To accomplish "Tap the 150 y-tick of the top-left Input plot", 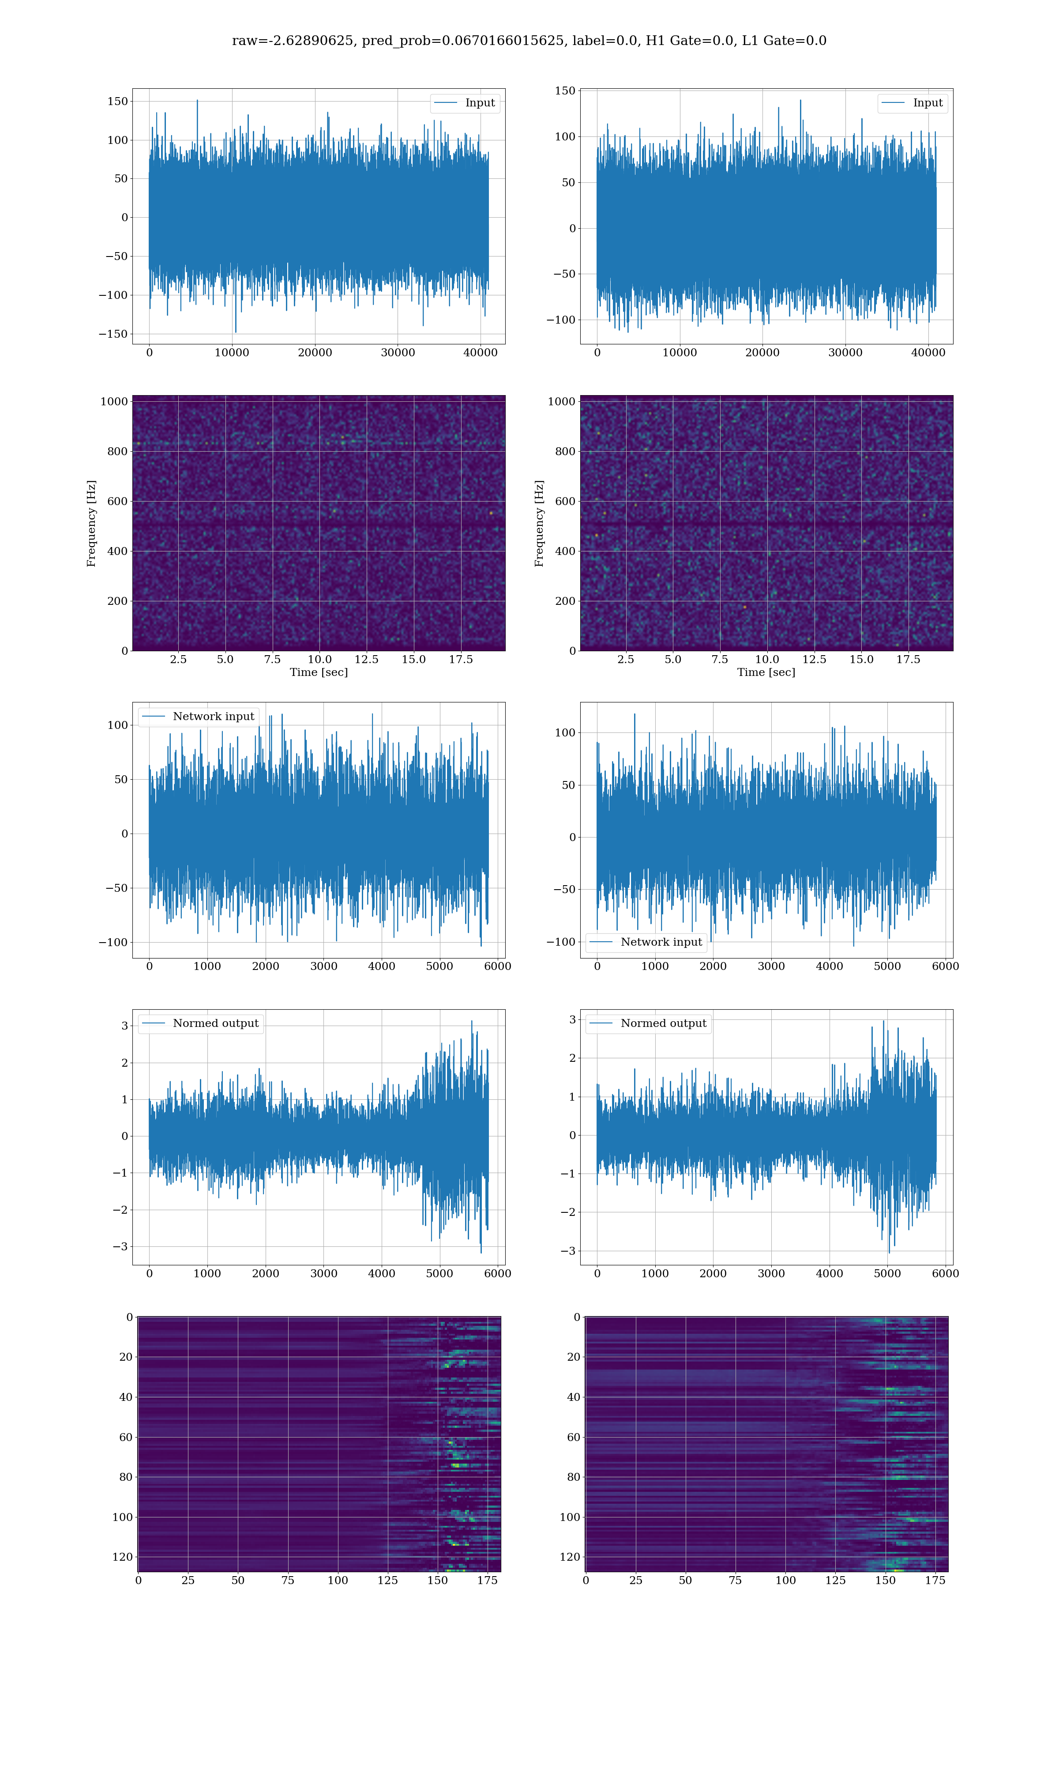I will pos(118,102).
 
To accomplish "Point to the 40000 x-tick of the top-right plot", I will pos(928,353).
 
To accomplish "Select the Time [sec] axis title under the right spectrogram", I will pos(766,672).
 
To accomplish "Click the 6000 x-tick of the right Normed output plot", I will pos(945,1273).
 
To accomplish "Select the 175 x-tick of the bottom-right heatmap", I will pos(935,1581).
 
